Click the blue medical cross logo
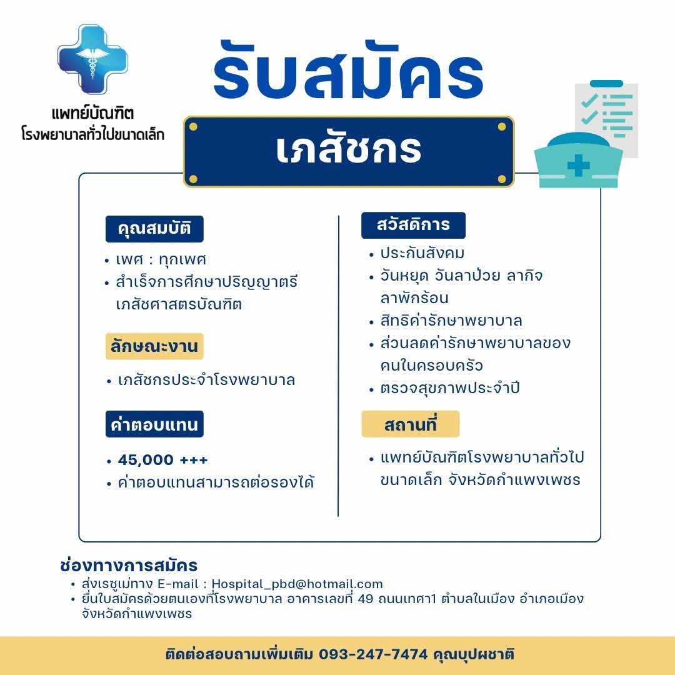point(92,59)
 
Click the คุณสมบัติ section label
point(154,229)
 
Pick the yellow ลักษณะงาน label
point(154,346)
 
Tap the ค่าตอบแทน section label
point(154,424)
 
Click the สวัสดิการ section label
point(413,225)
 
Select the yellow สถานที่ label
point(410,424)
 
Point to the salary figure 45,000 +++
point(162,460)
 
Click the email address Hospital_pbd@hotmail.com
point(297,584)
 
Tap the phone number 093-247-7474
point(373,654)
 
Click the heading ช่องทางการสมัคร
point(129,565)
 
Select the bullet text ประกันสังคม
point(422,253)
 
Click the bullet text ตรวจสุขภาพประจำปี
point(450,388)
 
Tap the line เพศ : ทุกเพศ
point(161,259)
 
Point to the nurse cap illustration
point(578,160)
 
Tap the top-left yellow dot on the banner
point(193,126)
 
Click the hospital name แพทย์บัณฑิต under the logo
point(92,113)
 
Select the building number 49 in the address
point(366,599)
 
